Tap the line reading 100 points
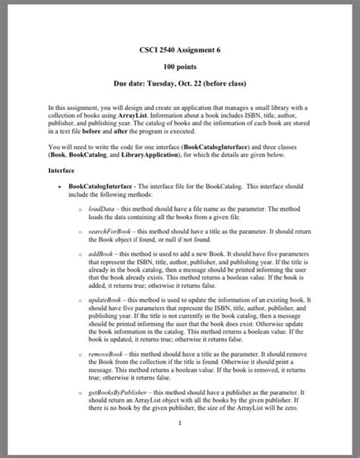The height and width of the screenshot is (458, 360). pyautogui.click(x=180, y=66)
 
